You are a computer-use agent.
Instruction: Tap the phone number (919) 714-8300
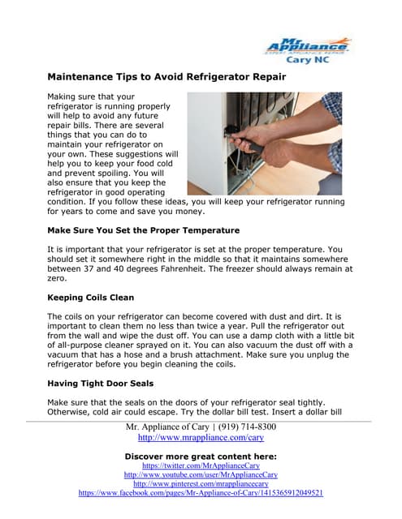pos(245,427)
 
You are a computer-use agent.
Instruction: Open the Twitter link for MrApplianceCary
pos(201,466)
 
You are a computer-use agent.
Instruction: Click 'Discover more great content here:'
pos(201,456)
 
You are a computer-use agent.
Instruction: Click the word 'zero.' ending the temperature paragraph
pos(60,279)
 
